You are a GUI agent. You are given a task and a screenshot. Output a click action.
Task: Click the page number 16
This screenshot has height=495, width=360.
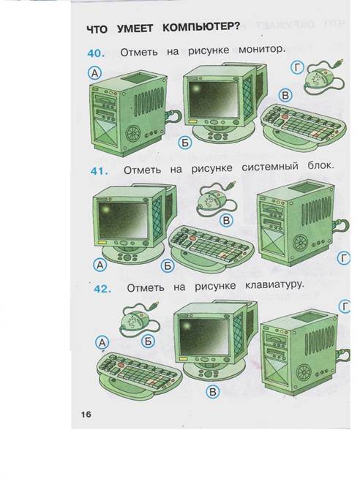86,414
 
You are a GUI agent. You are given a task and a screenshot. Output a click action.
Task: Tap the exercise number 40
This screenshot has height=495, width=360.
96,53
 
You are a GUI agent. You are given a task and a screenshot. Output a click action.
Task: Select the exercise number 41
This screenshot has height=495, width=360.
100,171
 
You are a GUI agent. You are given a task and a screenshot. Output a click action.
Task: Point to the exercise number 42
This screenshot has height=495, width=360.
102,289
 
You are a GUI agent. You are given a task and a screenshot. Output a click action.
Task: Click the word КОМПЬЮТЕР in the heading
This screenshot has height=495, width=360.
201,27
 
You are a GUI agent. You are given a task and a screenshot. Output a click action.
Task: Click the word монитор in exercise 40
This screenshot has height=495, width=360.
262,50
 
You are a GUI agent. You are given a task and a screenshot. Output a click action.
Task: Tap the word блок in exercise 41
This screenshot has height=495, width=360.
320,165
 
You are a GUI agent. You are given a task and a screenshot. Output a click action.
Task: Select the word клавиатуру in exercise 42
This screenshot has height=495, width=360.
274,285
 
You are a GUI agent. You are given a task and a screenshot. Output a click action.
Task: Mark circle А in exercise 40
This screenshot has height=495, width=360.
94,73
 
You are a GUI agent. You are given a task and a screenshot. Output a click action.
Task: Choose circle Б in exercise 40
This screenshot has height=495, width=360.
184,143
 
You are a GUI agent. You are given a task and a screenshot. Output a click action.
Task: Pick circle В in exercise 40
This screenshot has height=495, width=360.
285,95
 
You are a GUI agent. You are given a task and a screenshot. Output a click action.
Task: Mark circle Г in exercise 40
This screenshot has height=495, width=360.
297,68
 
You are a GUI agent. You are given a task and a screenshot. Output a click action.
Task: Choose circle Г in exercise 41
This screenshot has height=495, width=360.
344,258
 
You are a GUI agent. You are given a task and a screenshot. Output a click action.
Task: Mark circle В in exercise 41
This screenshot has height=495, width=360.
226,220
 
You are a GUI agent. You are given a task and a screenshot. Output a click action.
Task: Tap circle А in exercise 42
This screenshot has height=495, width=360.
102,342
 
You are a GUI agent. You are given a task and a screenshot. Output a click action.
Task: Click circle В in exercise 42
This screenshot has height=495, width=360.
212,392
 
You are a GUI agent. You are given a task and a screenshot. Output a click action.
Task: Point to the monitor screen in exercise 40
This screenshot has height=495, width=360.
212,99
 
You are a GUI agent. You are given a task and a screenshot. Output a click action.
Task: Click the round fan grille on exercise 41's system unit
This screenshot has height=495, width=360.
300,243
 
